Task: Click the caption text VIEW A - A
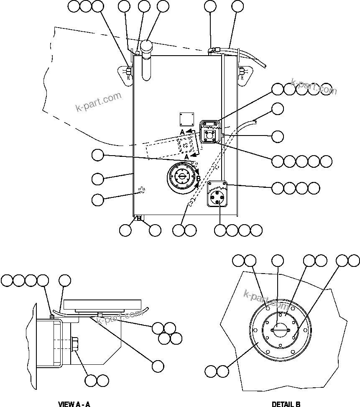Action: pos(74,404)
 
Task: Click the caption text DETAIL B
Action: pos(286,404)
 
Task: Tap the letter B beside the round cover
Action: pos(199,179)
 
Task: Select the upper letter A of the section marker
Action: pos(182,132)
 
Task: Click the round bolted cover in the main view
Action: pos(182,177)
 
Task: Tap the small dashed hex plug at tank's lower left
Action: pos(141,191)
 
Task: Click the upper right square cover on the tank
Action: pos(210,131)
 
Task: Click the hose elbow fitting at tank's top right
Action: pos(212,50)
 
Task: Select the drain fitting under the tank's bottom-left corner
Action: pos(138,218)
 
